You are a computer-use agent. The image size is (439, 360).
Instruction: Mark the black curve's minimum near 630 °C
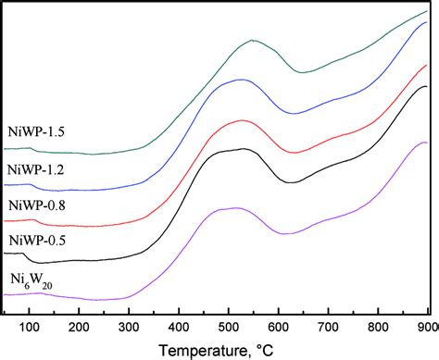(x=292, y=182)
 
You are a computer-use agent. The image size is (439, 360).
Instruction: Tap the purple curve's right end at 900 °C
(x=425, y=143)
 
